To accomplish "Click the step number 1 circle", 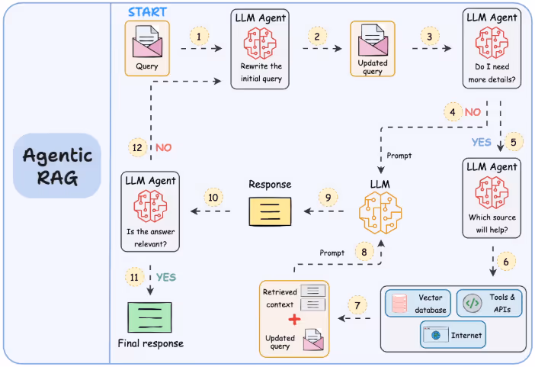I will click(x=200, y=36).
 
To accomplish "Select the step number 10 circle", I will click(x=213, y=198).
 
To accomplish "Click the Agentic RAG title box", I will click(x=57, y=167).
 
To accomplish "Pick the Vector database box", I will click(x=418, y=303).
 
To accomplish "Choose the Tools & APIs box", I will click(x=489, y=303).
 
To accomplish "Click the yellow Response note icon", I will click(x=271, y=211).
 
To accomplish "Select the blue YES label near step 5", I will click(x=482, y=142).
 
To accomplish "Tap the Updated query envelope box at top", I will click(x=372, y=47).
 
